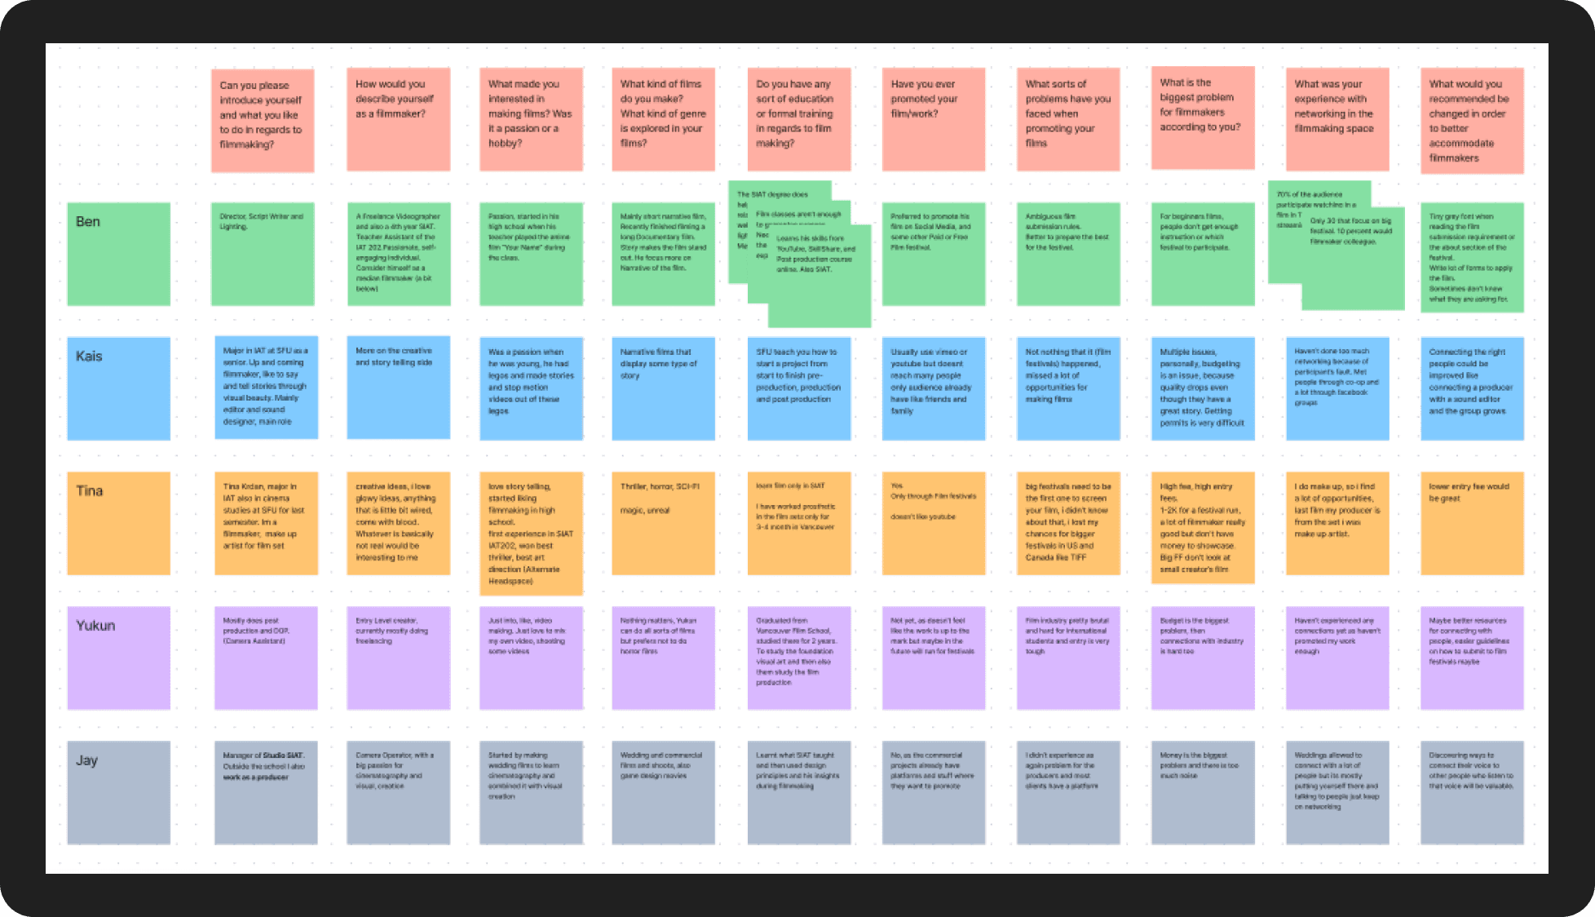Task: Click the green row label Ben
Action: pyautogui.click(x=118, y=254)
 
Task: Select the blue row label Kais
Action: pyautogui.click(x=118, y=388)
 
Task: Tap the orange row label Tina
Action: pyautogui.click(x=118, y=523)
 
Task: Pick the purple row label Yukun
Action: pyautogui.click(x=118, y=658)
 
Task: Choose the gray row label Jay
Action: pyautogui.click(x=118, y=792)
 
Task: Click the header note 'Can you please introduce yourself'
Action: pyautogui.click(x=262, y=120)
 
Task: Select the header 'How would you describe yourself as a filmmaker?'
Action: pyautogui.click(x=398, y=119)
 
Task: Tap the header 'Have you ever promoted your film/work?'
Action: pyautogui.click(x=933, y=119)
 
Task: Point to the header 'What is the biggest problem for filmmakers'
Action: pyautogui.click(x=1202, y=117)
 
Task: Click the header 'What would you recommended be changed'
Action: pyautogui.click(x=1471, y=120)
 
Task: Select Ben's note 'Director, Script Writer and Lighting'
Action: pyautogui.click(x=262, y=254)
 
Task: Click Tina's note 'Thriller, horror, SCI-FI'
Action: pyautogui.click(x=663, y=523)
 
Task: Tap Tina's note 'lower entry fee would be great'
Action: pyautogui.click(x=1471, y=523)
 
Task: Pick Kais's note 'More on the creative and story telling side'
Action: pyautogui.click(x=398, y=388)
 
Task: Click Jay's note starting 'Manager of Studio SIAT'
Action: pyautogui.click(x=266, y=792)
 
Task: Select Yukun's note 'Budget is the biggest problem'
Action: pyautogui.click(x=1202, y=658)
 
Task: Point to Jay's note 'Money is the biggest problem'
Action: pyautogui.click(x=1202, y=792)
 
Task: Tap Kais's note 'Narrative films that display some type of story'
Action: pyautogui.click(x=663, y=388)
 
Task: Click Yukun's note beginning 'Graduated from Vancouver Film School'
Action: pyautogui.click(x=798, y=658)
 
